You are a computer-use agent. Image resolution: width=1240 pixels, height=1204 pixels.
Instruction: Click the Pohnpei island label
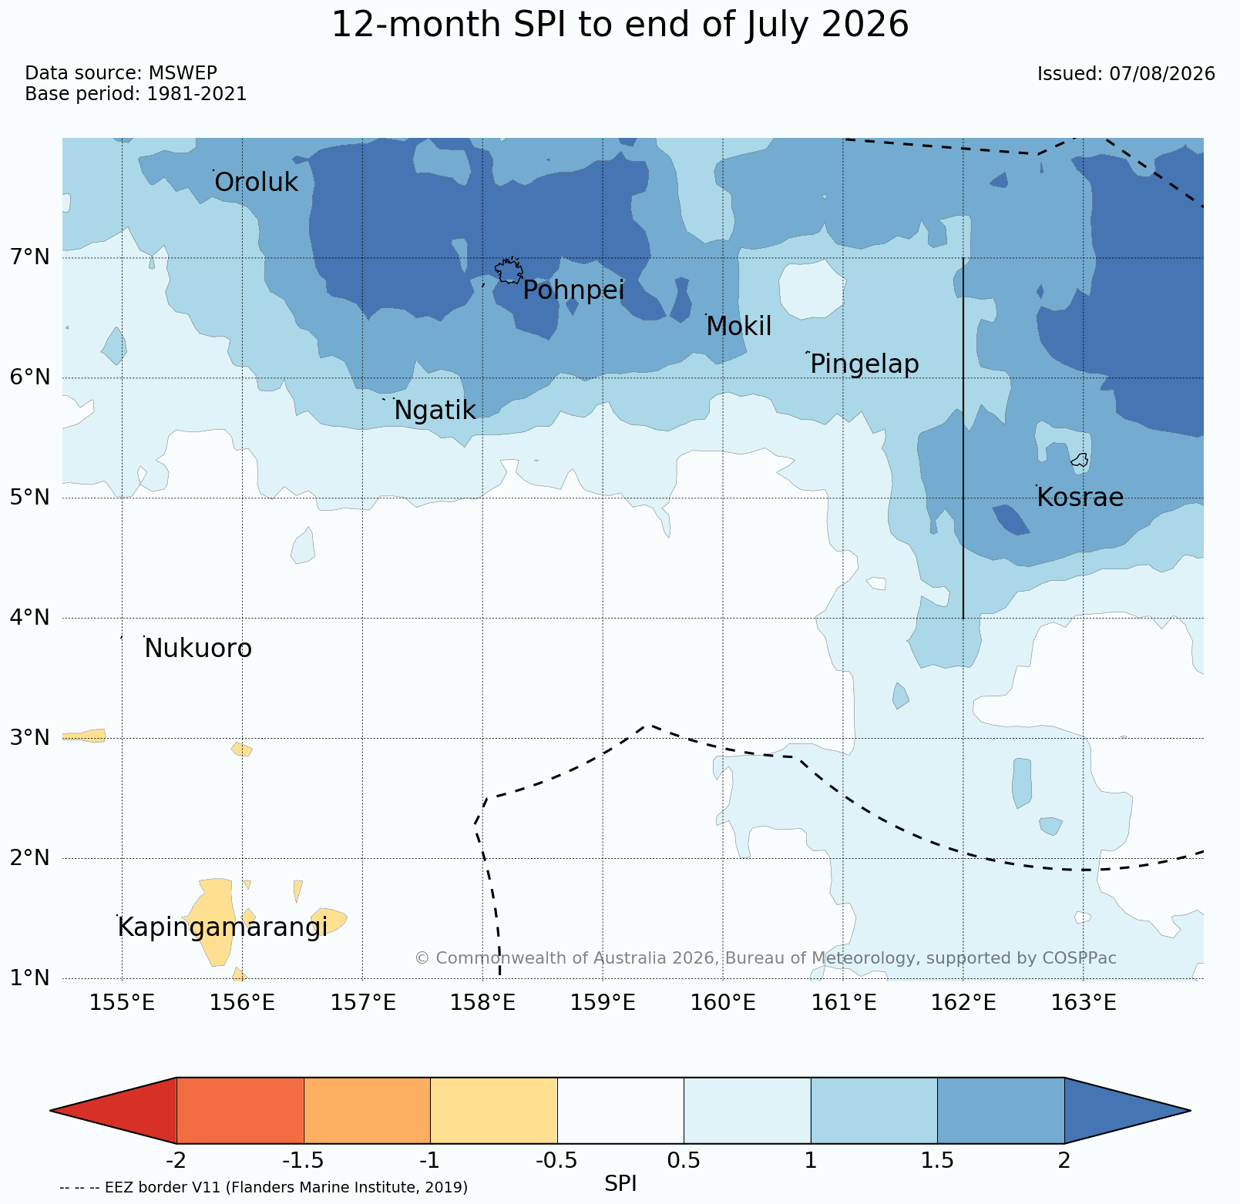pyautogui.click(x=573, y=291)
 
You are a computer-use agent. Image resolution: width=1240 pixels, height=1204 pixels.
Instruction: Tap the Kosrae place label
pyautogui.click(x=1080, y=498)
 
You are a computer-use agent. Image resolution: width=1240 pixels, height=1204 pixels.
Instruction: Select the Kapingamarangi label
pyautogui.click(x=223, y=927)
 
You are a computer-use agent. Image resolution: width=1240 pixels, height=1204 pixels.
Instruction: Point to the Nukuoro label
pyautogui.click(x=198, y=649)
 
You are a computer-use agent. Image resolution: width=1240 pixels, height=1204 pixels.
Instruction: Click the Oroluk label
pyautogui.click(x=256, y=183)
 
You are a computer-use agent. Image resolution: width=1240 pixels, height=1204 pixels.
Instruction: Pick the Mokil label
pyautogui.click(x=739, y=327)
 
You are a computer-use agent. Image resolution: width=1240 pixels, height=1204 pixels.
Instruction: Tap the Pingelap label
pyautogui.click(x=865, y=364)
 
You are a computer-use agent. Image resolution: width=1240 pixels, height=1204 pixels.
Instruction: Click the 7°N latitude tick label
pyautogui.click(x=30, y=257)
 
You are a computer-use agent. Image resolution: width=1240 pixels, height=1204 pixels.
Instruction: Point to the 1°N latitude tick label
pyautogui.click(x=30, y=978)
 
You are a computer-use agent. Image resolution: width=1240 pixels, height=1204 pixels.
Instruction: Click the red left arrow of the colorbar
pyautogui.click(x=113, y=1110)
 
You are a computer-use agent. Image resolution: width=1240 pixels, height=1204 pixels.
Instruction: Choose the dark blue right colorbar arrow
pyautogui.click(x=1127, y=1110)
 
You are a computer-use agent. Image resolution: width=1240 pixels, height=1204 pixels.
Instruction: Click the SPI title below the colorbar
pyautogui.click(x=620, y=1183)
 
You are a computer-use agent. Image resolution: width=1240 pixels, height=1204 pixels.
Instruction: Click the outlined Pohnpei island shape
pyautogui.click(x=509, y=271)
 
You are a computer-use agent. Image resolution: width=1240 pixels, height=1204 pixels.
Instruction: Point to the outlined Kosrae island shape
pyautogui.click(x=1080, y=460)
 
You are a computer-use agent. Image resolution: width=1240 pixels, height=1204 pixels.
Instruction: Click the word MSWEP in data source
pyautogui.click(x=183, y=73)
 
